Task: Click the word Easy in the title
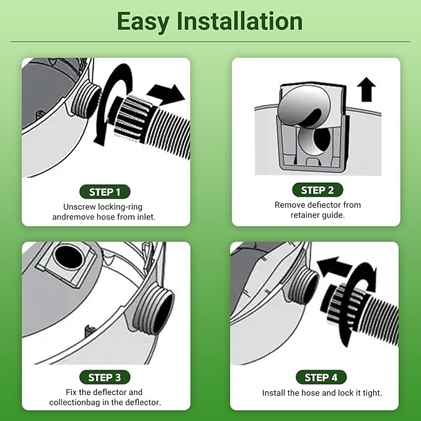point(143,22)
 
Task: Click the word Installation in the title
point(239,21)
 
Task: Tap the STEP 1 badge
point(105,192)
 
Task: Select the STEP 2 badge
point(317,190)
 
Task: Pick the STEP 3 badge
point(105,378)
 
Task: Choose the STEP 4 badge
point(321,378)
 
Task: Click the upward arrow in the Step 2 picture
point(366,89)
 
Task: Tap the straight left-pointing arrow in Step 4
point(334,267)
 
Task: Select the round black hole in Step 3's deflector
point(68,257)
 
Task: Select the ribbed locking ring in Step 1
point(132,116)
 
